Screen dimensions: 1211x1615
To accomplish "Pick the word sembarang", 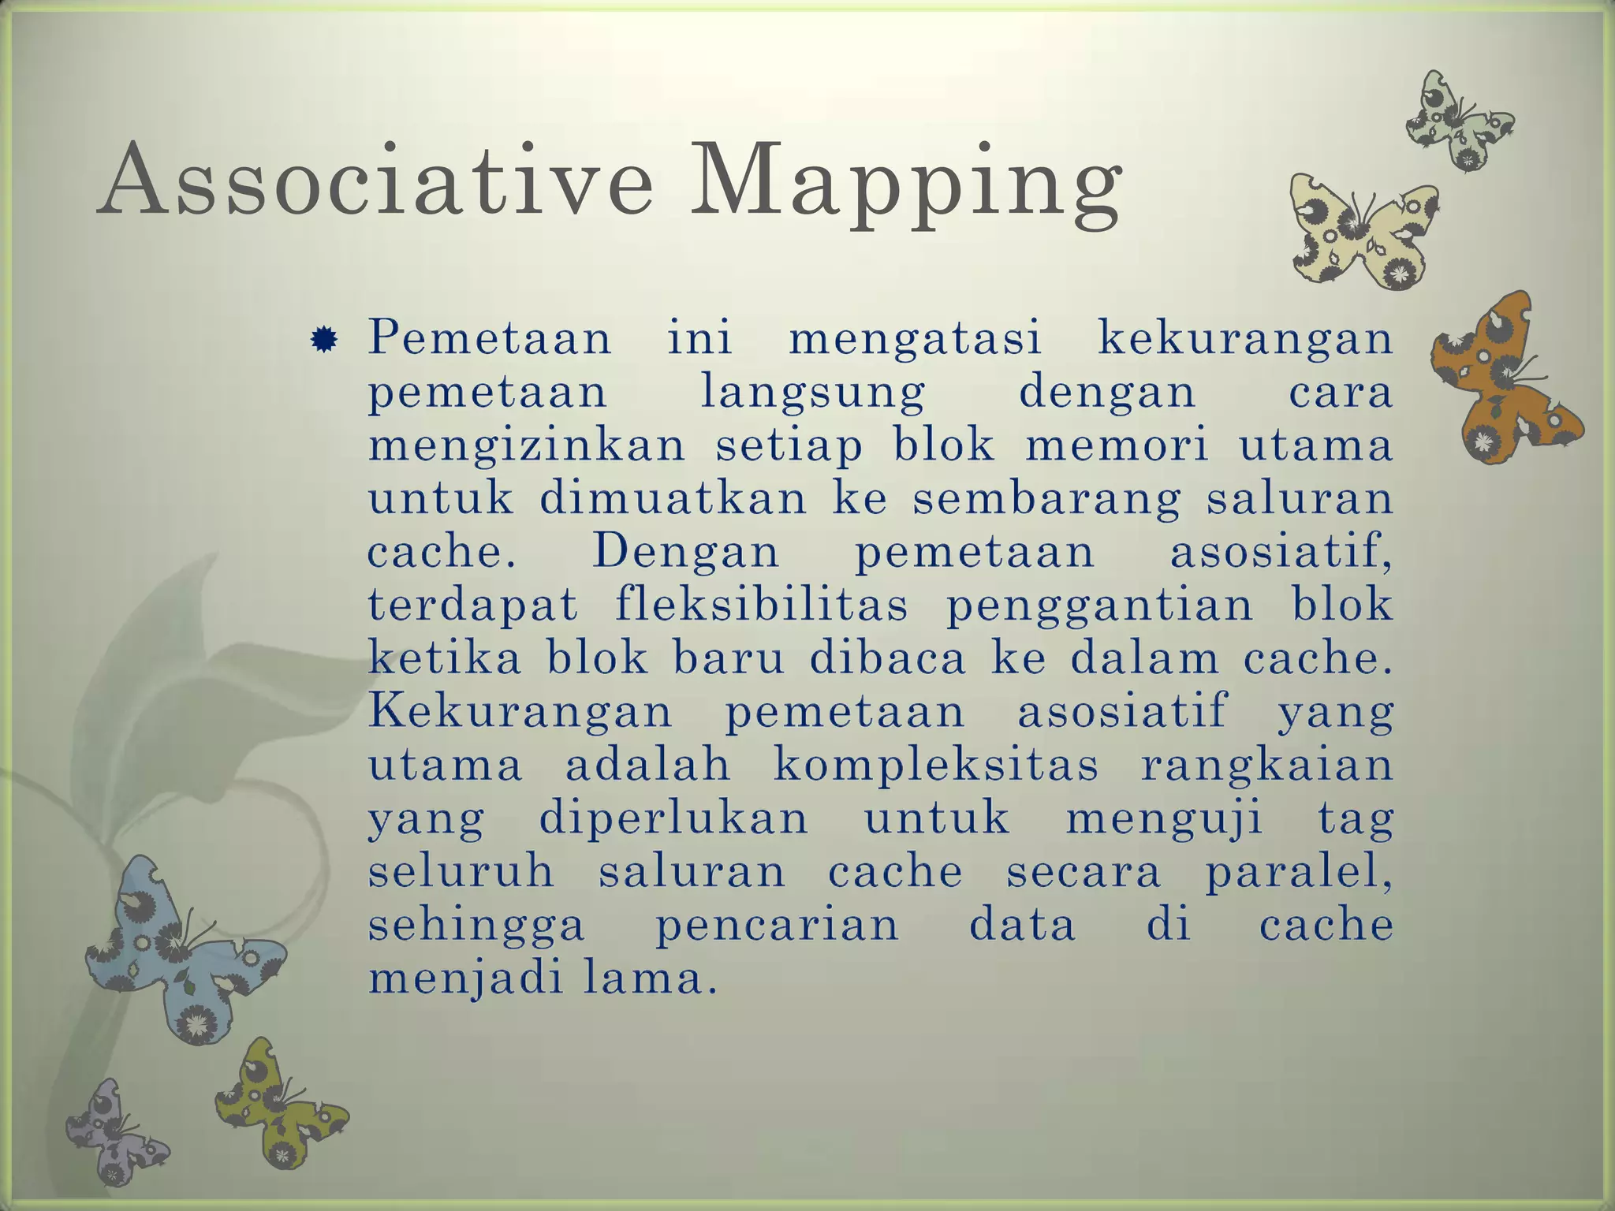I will click(x=1046, y=500).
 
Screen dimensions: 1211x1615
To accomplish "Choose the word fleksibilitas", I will click(x=761, y=605).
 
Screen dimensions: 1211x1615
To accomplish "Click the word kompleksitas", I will click(x=936, y=766).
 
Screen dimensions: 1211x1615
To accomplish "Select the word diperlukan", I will click(x=673, y=820).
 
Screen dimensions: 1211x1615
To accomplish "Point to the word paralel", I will click(x=1297, y=874).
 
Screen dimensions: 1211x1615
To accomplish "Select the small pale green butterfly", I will click(x=1458, y=122).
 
